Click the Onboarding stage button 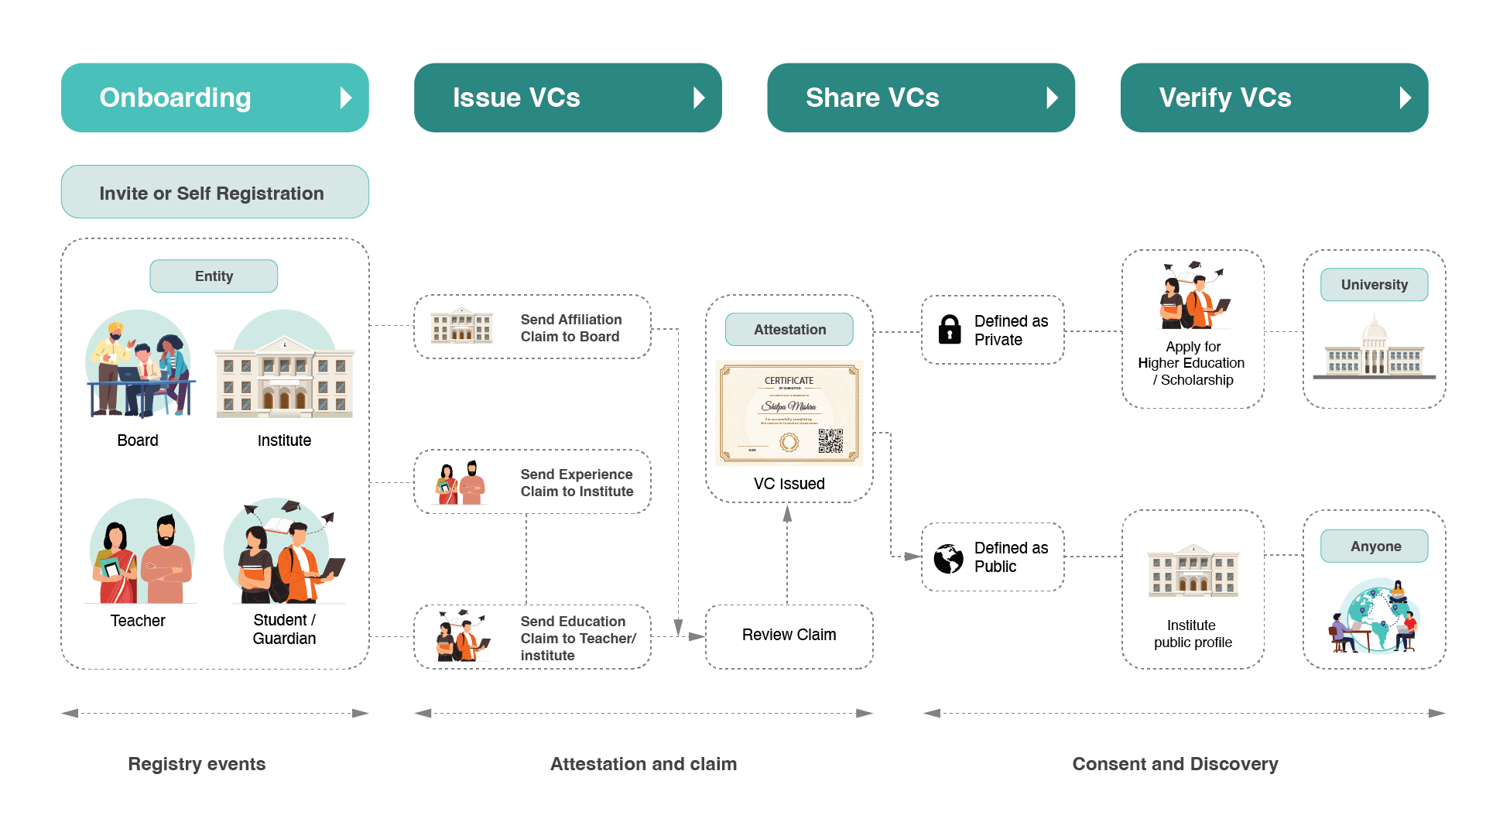click(x=214, y=98)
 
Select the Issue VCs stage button click(x=567, y=98)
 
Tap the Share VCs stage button click(x=920, y=98)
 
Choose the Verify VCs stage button click(x=1274, y=98)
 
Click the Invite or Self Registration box click(x=214, y=192)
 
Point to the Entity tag click(x=214, y=276)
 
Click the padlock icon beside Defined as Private click(x=950, y=329)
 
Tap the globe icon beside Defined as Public click(x=948, y=558)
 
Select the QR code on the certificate click(x=830, y=441)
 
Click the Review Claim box click(x=789, y=636)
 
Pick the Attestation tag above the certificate click(x=789, y=330)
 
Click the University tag click(x=1374, y=285)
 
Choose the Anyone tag click(x=1375, y=546)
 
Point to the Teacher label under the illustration click(x=138, y=621)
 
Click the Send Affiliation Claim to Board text click(x=571, y=328)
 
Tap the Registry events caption click(x=197, y=764)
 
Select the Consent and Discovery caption click(x=1175, y=764)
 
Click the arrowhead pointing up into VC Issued click(x=787, y=514)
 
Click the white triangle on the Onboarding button click(x=346, y=98)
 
